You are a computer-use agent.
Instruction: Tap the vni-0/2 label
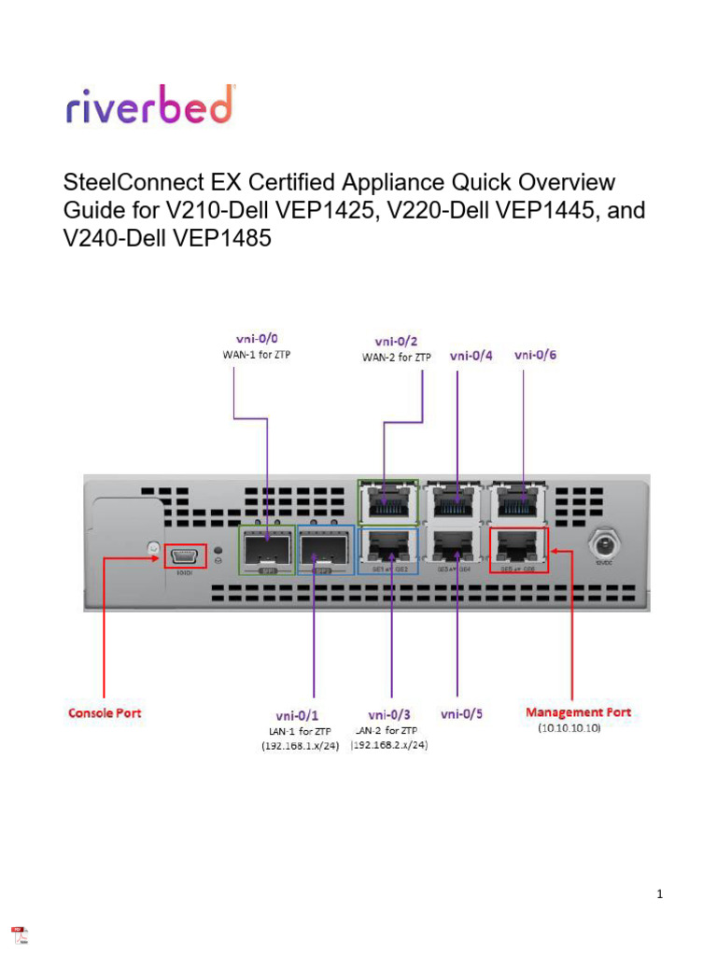[397, 342]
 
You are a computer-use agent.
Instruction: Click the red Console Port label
[105, 713]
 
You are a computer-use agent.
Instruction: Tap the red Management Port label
[578, 712]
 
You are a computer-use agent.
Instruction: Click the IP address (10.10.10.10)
[569, 728]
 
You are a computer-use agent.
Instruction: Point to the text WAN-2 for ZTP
[397, 357]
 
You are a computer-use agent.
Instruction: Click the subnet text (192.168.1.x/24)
[300, 746]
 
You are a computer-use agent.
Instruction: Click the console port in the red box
[186, 555]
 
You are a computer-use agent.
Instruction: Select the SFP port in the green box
[268, 549]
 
